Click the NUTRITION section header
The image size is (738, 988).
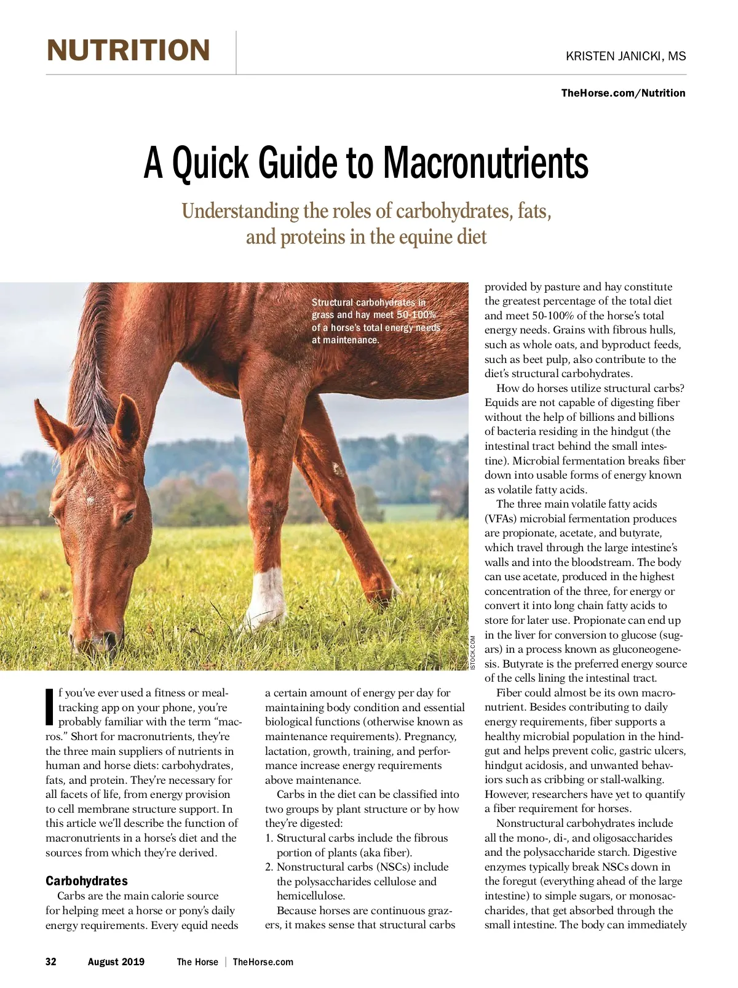(128, 50)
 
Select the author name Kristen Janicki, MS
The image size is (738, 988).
(625, 56)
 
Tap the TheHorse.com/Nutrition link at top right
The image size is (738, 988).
(623, 93)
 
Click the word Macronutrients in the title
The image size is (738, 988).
(486, 163)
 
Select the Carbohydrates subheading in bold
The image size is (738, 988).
(87, 880)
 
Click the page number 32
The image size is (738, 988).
(51, 962)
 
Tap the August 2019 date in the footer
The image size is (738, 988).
(116, 962)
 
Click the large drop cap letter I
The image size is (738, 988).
(50, 706)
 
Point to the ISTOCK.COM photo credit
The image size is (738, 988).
(472, 653)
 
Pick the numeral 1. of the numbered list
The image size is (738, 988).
(269, 838)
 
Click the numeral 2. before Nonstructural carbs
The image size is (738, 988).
(269, 867)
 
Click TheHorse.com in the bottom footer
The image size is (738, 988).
(263, 962)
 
